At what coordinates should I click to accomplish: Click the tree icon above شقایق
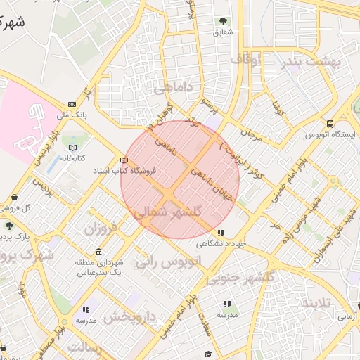tap(224, 21)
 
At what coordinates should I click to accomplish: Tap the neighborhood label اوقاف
tap(245, 60)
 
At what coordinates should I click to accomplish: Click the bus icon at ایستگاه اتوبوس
tap(330, 124)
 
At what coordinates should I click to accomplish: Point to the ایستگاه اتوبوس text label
tap(330, 135)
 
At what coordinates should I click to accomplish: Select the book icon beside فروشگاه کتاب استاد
tap(124, 160)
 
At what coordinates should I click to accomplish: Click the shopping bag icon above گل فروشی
tap(15, 198)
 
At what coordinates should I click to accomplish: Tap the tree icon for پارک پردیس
tap(8, 226)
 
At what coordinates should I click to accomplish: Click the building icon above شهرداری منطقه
tap(98, 252)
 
